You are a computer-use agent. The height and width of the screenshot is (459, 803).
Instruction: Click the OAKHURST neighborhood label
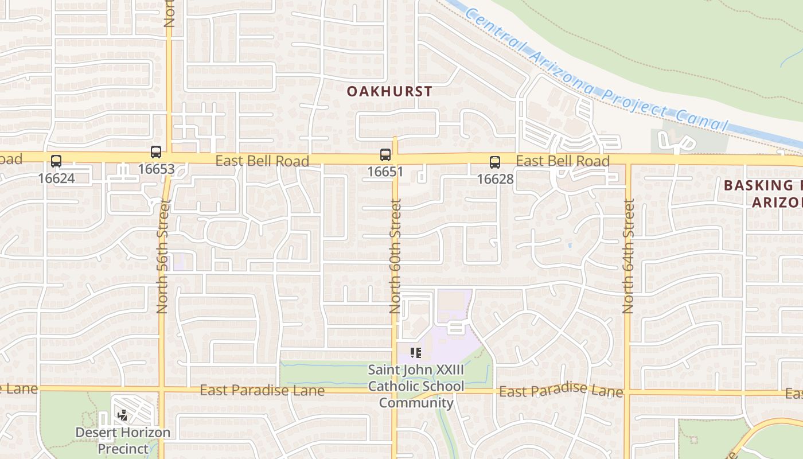tap(389, 91)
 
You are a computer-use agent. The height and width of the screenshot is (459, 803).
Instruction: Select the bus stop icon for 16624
tap(56, 161)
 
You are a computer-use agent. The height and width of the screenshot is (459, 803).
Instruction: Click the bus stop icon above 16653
tap(156, 152)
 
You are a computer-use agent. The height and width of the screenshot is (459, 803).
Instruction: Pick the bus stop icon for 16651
tap(385, 154)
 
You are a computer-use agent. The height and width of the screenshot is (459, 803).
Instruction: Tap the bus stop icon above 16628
tap(495, 162)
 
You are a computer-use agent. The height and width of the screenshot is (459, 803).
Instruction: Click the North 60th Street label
tap(395, 256)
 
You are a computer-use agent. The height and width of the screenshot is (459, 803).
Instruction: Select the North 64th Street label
tap(629, 256)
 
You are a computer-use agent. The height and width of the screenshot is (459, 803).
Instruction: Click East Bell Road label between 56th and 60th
tap(262, 161)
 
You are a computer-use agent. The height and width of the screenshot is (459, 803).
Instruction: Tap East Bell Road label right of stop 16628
tap(563, 161)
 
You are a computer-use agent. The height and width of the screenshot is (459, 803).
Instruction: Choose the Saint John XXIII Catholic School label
tap(416, 386)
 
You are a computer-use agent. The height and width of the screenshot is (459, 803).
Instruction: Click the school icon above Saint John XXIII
tap(416, 352)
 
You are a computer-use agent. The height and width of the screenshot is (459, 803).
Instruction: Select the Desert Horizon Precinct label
tap(123, 440)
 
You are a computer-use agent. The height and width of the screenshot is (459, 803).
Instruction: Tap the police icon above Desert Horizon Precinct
tap(122, 414)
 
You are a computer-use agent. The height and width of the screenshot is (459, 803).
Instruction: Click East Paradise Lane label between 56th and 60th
tap(262, 391)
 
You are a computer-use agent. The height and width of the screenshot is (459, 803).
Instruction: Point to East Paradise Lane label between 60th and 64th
tap(560, 391)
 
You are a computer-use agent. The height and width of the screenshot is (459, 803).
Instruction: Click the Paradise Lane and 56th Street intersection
tap(162, 390)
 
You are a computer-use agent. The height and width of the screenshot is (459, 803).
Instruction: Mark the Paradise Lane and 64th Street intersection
tap(627, 393)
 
